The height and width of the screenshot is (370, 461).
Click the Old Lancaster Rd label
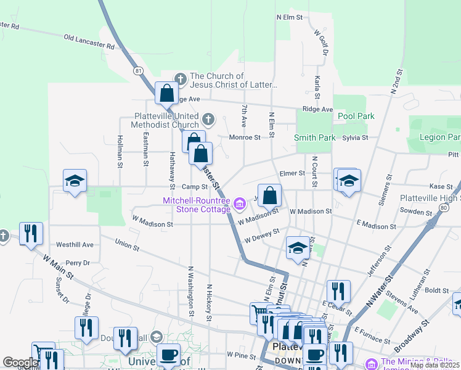pos(89,42)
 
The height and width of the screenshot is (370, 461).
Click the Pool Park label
pos(356,116)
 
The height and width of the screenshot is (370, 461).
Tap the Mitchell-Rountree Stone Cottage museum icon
pos(239,202)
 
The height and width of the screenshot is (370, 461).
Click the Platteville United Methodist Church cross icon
pos(208,118)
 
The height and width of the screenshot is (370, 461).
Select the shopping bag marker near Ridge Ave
pos(166,94)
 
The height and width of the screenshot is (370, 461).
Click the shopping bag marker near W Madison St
pos(269,196)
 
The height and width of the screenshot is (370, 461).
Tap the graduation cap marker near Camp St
pos(75,181)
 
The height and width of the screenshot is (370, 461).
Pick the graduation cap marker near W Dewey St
pos(298,248)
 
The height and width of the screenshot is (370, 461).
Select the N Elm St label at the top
pos(290,17)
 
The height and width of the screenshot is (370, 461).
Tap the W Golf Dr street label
pos(320,43)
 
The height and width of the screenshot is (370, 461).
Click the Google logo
pos(20,363)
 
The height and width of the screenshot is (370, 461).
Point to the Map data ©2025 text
pos(434,365)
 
